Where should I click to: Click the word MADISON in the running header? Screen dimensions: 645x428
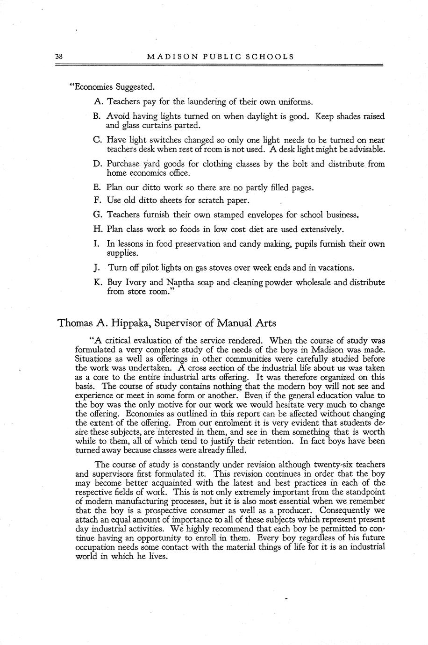(x=167, y=57)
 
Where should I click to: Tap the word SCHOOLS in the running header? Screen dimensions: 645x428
(x=272, y=57)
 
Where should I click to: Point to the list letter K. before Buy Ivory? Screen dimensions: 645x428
(x=98, y=282)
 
